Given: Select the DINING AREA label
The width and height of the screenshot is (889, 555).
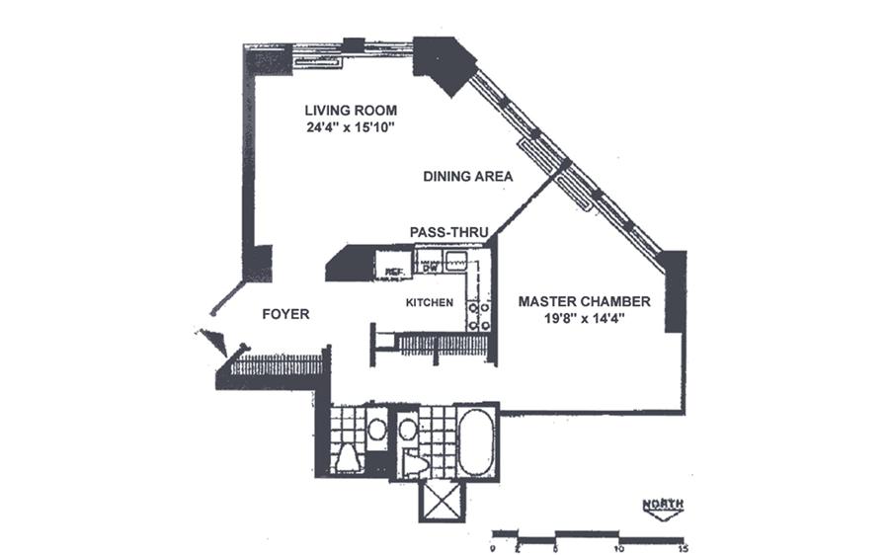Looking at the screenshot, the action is click(467, 177).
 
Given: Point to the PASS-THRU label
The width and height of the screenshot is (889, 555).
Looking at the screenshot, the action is click(449, 232).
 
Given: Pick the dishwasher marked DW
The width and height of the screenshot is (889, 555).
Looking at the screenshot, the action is click(430, 266).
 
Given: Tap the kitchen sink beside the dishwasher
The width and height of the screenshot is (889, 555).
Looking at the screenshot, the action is click(456, 263).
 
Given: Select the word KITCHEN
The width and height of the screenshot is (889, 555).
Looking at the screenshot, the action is click(430, 302).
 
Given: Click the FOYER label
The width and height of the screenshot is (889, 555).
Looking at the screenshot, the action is click(285, 315).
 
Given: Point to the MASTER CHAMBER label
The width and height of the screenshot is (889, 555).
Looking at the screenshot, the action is click(585, 301).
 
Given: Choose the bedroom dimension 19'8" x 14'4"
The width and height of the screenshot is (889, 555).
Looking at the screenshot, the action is click(585, 320).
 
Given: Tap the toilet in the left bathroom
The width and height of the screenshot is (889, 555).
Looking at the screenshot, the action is click(347, 458).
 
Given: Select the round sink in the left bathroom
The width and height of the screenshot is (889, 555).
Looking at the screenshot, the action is click(375, 430).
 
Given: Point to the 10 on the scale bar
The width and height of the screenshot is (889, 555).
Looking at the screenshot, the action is click(619, 546).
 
